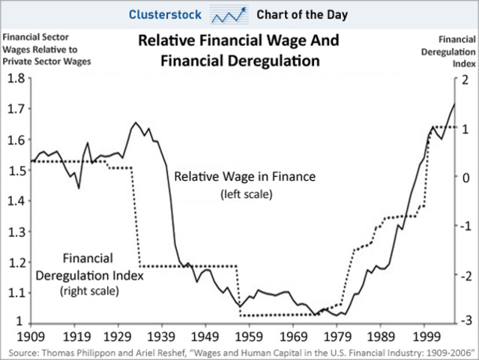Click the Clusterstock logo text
click(x=163, y=14)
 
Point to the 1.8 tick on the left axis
click(x=16, y=79)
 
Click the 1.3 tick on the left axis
click(x=16, y=232)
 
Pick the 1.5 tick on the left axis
click(x=16, y=170)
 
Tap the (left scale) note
click(x=245, y=194)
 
